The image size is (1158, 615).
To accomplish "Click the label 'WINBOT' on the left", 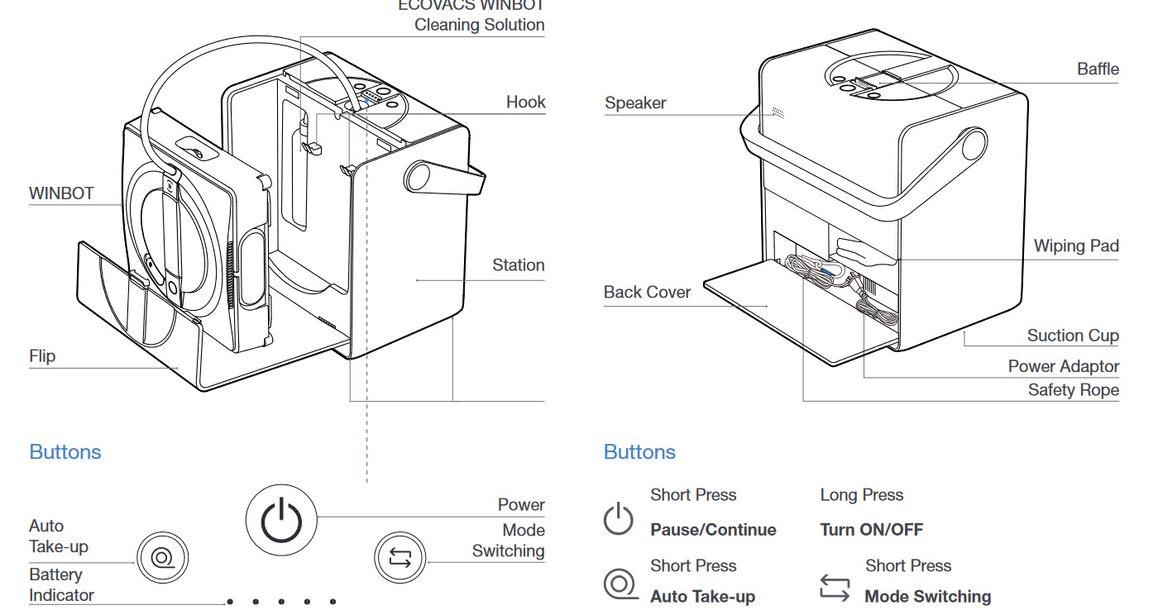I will pos(61,194).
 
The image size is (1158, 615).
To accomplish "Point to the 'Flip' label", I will pos(42,356).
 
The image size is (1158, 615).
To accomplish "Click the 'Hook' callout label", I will pos(525,102).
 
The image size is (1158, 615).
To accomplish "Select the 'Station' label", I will pos(518,265).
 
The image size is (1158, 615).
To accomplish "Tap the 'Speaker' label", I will pos(634,103).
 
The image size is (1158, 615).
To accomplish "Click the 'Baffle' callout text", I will pos(1098,69).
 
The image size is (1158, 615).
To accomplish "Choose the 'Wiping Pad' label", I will pos(1075,246).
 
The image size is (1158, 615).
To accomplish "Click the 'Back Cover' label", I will pos(647,293).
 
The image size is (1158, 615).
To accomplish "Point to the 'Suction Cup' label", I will pos(1072,336).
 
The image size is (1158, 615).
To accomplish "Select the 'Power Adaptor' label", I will pos(1063,366).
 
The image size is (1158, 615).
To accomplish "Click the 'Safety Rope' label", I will pos(1073,390).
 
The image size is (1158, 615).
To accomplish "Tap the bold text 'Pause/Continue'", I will pos(713,530).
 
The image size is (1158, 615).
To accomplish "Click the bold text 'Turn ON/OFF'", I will pos(871,530).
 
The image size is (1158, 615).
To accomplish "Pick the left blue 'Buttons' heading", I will pos(65,452).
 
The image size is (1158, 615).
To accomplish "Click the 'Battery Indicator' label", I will pos(60,584).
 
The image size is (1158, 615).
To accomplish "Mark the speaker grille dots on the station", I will pos(777,112).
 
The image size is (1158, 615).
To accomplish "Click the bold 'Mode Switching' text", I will pos(927,596).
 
